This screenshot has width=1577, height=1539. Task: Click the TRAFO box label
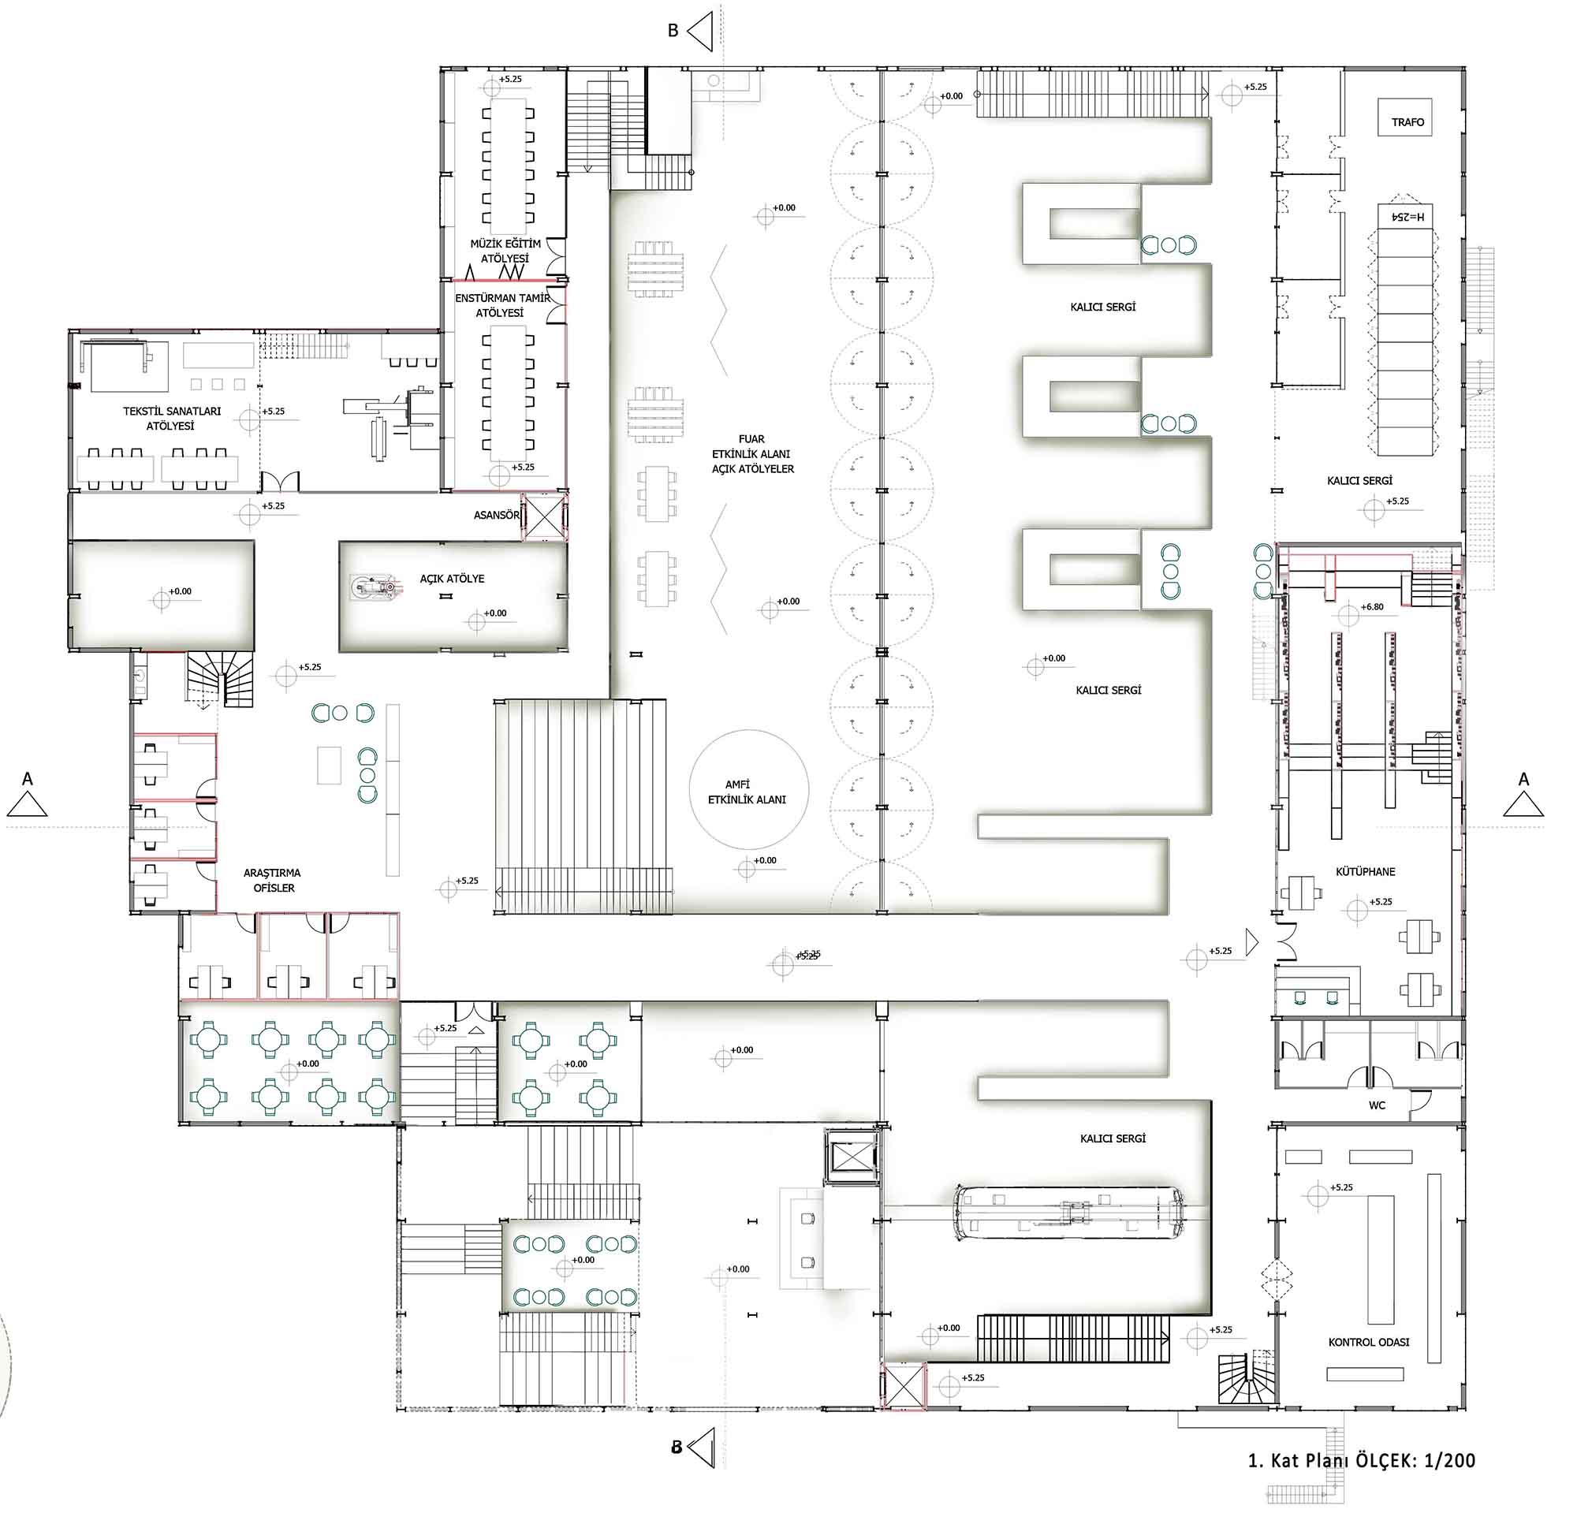coord(1407,122)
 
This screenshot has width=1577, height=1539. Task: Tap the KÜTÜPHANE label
coord(1365,871)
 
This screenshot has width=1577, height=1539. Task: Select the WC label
coord(1377,1105)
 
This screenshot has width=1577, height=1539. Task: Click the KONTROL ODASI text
coord(1369,1342)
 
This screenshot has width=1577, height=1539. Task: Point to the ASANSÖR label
coord(496,515)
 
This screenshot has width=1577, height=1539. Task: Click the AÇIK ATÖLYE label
coord(452,579)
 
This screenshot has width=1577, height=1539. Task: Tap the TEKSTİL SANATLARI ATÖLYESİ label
coord(171,419)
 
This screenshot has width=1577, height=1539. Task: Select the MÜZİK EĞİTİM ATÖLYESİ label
coord(505,252)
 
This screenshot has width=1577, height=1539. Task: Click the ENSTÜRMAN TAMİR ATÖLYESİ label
coord(502,306)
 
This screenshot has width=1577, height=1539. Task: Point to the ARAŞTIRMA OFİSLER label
coord(271,880)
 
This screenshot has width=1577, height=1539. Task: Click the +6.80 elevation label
coord(1372,606)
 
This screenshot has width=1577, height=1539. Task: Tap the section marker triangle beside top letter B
coord(700,31)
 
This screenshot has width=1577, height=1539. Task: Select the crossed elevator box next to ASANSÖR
coord(542,516)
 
